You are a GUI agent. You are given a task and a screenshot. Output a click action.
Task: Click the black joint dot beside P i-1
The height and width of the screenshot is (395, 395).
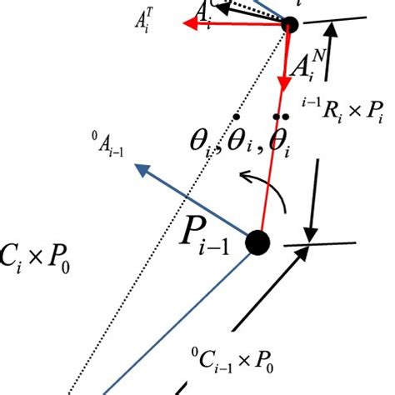258,243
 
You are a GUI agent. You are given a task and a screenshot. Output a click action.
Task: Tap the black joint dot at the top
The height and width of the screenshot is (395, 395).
290,24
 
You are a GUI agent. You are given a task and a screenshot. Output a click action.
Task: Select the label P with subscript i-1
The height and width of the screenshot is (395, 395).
210,242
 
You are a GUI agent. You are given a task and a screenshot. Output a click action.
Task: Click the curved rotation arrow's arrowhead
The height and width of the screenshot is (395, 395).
242,175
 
